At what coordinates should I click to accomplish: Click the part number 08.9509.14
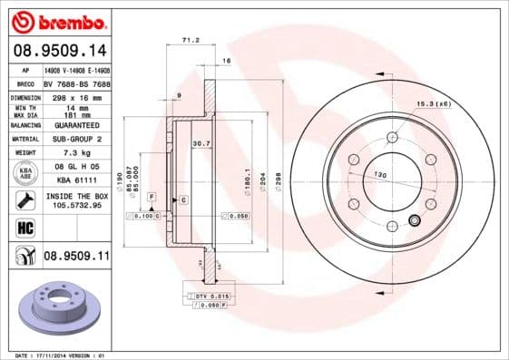pos(60,52)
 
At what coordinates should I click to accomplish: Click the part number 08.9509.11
pos(76,257)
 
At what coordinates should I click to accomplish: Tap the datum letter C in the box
pos(183,199)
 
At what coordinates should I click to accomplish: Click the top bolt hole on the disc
pos(392,136)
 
